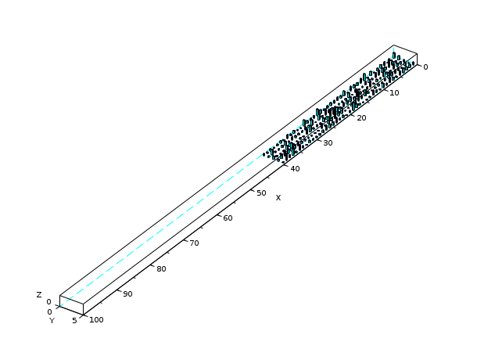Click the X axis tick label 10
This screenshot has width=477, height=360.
click(x=394, y=93)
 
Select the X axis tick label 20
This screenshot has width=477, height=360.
click(x=361, y=118)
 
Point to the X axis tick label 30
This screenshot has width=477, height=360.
click(x=328, y=143)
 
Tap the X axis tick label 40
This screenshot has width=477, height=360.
click(x=295, y=168)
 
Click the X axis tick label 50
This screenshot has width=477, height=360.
click(x=261, y=193)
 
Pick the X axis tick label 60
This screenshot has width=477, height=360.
click(x=228, y=218)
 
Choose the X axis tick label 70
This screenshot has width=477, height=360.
click(x=195, y=243)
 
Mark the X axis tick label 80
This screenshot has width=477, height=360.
click(x=161, y=269)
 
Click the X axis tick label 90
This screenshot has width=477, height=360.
click(x=127, y=294)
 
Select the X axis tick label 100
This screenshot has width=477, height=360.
click(x=96, y=320)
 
